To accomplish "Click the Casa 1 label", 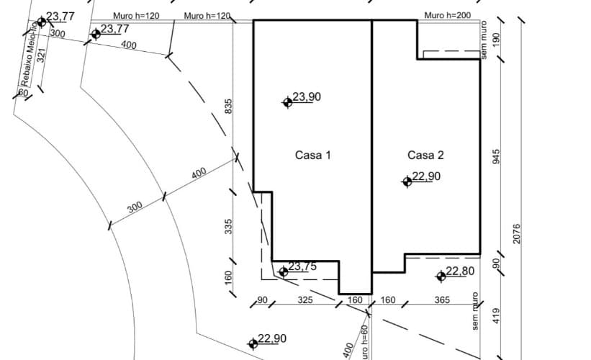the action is tap(313, 156).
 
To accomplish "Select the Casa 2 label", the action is tap(425, 155).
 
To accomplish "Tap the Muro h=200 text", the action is tap(448, 15).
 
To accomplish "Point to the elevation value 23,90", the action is tap(307, 97).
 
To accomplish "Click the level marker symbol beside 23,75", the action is tap(284, 271).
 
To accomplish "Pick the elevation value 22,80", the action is tap(460, 271).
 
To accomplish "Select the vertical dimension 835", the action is tap(229, 107).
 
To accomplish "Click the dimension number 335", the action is tap(228, 227).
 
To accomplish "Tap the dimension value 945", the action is tap(496, 156).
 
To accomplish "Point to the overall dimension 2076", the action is tap(516, 234).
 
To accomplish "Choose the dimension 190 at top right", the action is tap(496, 40).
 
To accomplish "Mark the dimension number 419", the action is tap(496, 316).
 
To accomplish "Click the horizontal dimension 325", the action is tap(305, 300).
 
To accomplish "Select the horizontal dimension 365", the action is tap(442, 300).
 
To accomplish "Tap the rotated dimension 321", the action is tap(42, 55).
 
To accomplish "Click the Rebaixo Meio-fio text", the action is tap(30, 53).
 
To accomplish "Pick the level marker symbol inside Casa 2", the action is tap(407, 181).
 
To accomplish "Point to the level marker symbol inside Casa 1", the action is tap(288, 102).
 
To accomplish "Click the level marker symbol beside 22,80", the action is tap(441, 276).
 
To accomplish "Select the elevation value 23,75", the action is tap(302, 266).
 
